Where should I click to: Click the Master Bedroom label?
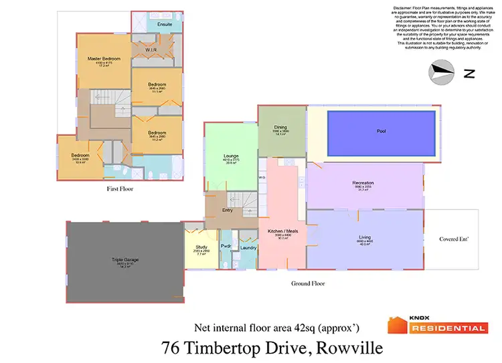coord(104,59)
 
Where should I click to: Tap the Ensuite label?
coord(165,25)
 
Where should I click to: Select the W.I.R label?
coord(151,50)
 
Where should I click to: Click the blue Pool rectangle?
coord(382,132)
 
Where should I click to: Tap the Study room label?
coord(201,247)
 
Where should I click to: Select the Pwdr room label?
coord(226,247)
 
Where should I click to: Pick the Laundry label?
coord(248,248)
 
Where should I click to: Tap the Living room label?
coord(365,237)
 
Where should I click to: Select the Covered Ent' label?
coord(453,239)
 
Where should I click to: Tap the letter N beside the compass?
coord(470,74)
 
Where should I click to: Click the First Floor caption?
coord(120,189)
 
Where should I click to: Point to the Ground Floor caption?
coord(308,283)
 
